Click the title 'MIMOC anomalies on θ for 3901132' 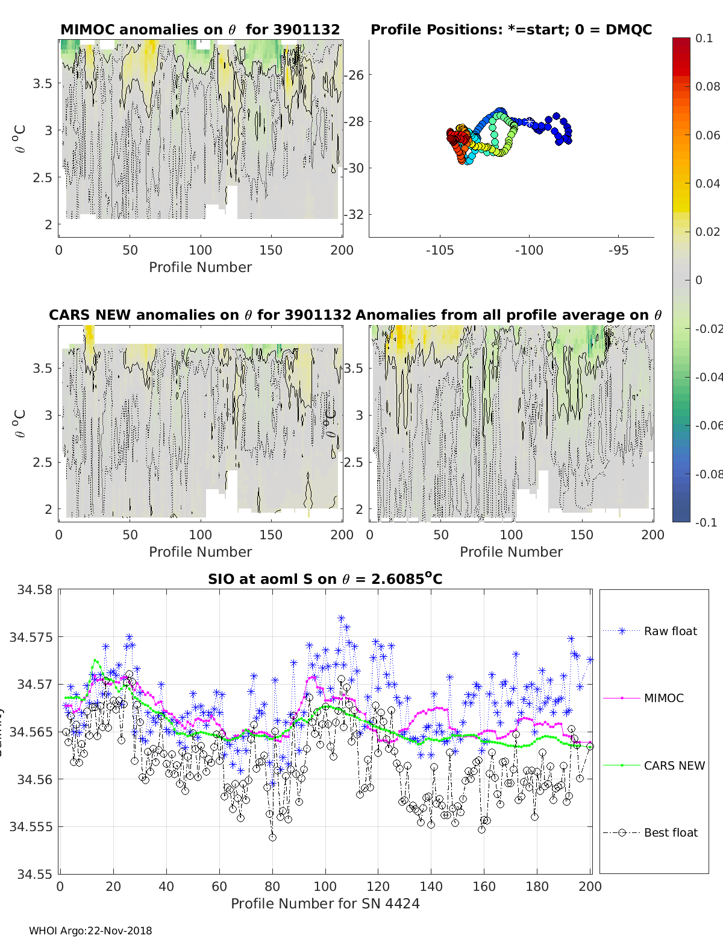(x=200, y=30)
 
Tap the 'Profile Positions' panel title (x=511, y=30)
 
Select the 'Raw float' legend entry (x=670, y=631)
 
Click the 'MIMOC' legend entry (x=663, y=698)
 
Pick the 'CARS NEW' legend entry (x=674, y=765)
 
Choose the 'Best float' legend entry (x=670, y=832)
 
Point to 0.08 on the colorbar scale (x=707, y=86)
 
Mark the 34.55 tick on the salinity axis (x=34, y=874)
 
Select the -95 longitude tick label (x=618, y=250)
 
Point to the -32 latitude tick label (x=354, y=215)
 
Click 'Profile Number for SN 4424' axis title (x=325, y=903)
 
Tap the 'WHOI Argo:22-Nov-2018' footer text (x=90, y=931)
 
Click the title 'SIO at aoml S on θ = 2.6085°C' (x=325, y=579)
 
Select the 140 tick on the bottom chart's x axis (x=431, y=886)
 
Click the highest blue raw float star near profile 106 (x=341, y=618)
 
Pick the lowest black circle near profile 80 (x=272, y=837)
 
